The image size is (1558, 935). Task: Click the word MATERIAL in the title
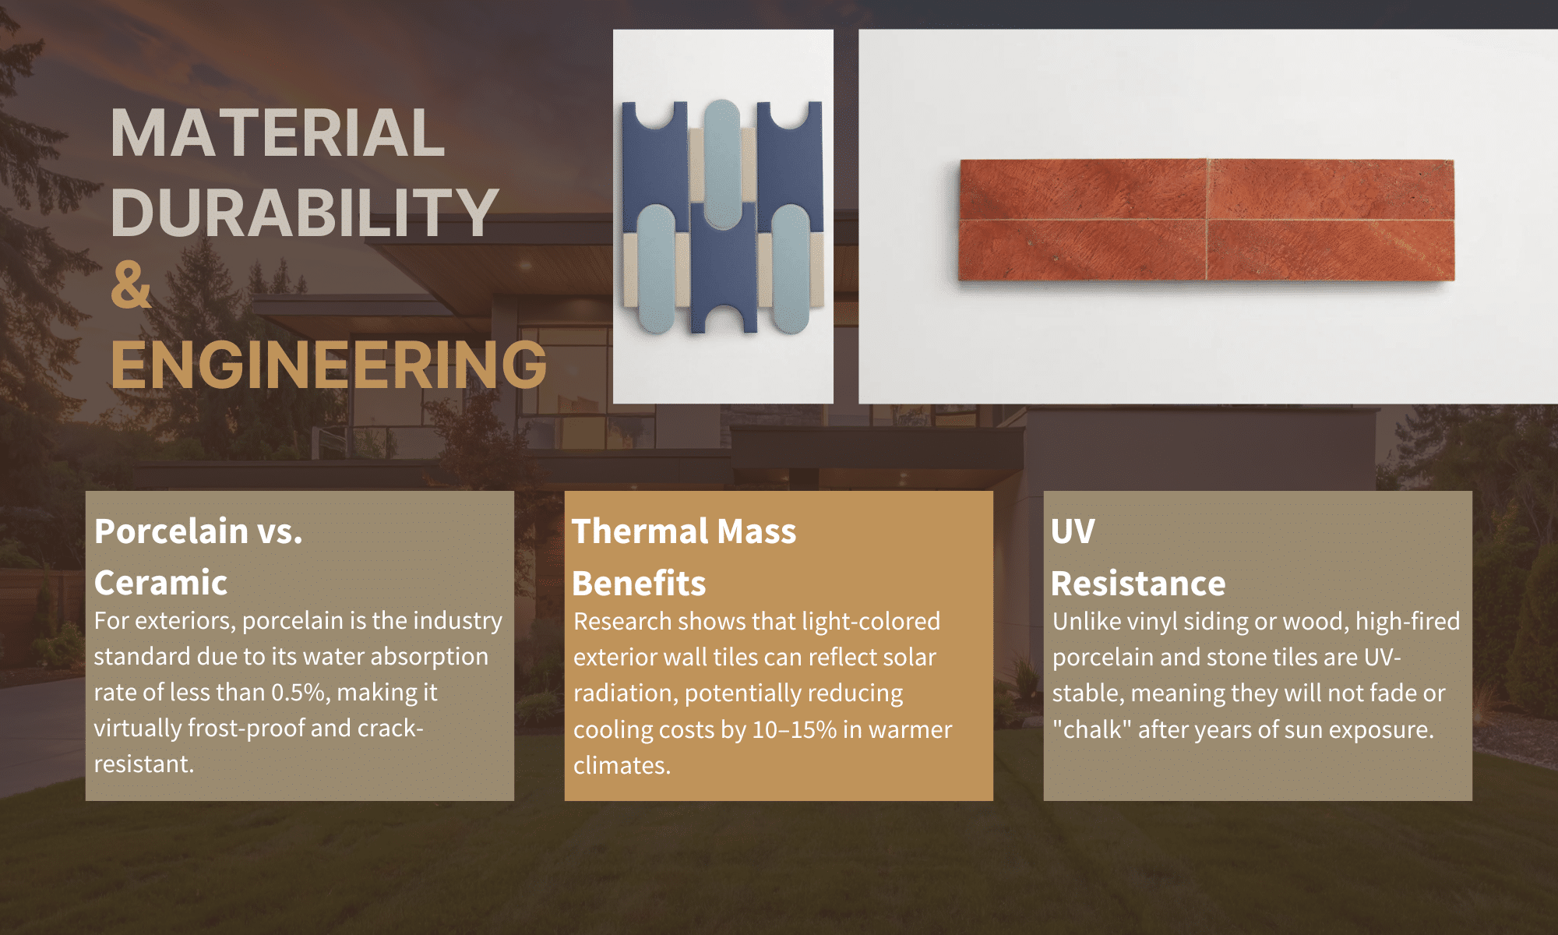click(277, 133)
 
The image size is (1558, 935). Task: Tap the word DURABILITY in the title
click(304, 212)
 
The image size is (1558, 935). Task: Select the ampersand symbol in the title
click(131, 285)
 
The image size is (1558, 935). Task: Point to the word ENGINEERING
click(329, 365)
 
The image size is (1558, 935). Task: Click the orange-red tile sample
click(1206, 220)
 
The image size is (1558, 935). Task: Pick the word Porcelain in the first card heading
click(171, 531)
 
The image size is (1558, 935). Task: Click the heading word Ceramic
click(160, 583)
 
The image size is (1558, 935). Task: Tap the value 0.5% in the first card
click(298, 693)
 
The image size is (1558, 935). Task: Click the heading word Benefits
click(639, 584)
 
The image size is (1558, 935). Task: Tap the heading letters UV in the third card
click(1073, 531)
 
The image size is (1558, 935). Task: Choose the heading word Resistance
click(1137, 584)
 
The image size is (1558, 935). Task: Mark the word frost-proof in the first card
click(245, 729)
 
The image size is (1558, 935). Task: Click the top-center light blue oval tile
click(722, 164)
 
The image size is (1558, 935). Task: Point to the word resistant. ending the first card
click(144, 764)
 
